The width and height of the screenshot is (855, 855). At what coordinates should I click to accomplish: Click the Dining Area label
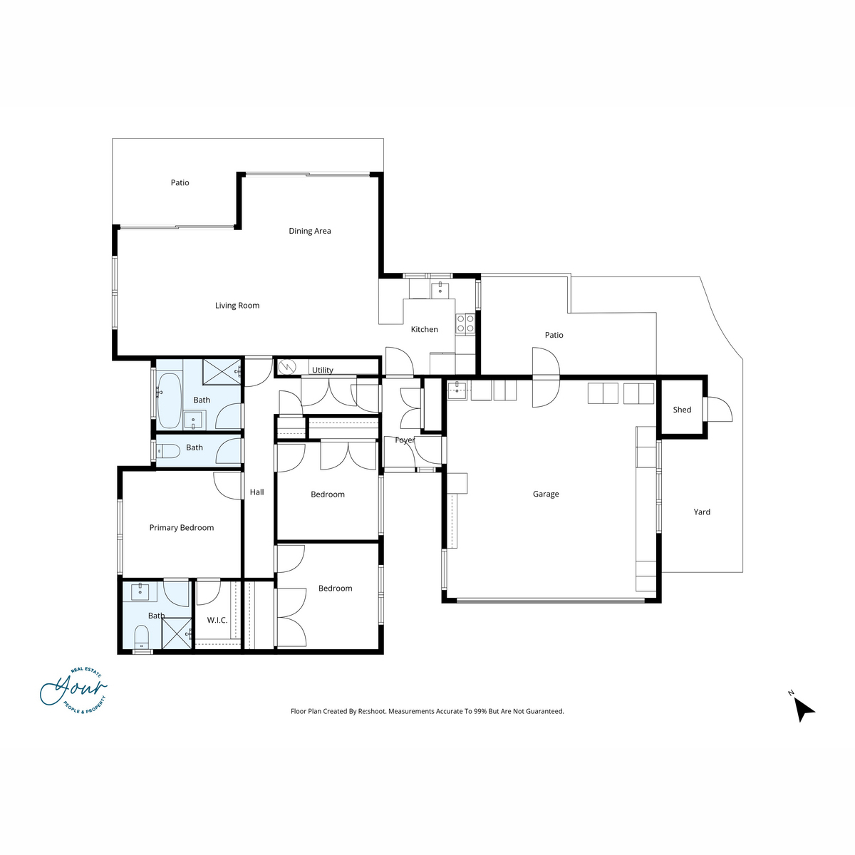point(309,231)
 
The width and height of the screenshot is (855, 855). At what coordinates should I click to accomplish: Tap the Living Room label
point(237,305)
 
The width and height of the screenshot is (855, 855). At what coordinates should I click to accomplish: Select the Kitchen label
point(424,329)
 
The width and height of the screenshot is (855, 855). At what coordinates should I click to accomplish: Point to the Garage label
point(545,494)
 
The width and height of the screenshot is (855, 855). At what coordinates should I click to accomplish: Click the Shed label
point(682,410)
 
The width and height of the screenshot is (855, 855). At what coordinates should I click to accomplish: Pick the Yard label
point(702,512)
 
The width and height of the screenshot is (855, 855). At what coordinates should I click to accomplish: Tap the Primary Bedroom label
point(181,527)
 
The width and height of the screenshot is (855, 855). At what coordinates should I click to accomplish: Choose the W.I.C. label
point(217,620)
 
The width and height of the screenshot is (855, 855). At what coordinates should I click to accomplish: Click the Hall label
point(256,492)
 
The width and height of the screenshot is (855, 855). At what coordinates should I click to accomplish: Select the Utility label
point(322,370)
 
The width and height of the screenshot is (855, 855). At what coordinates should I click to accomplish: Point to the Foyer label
point(405,440)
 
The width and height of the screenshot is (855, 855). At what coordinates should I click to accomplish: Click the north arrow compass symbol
point(803,709)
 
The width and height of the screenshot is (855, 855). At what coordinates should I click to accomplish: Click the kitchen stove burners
point(465,323)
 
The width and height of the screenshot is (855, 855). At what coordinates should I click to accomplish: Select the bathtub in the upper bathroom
point(169,400)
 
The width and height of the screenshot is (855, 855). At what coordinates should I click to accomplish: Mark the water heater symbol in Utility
point(286,366)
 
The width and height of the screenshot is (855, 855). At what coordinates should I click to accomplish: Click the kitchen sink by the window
point(440,291)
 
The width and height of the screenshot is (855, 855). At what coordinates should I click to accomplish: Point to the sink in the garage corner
point(457,390)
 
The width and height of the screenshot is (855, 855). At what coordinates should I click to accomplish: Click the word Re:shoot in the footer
point(372,711)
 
